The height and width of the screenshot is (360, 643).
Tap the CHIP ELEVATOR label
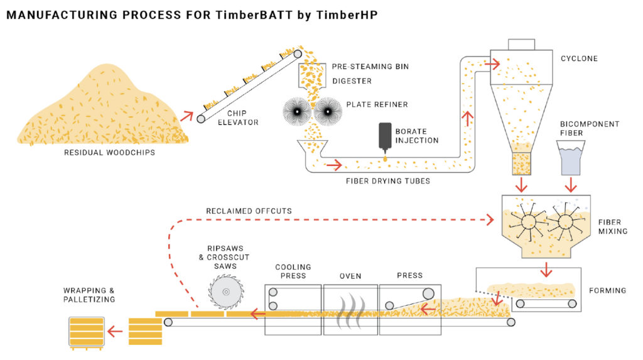(238, 118)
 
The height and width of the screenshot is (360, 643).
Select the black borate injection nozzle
(384, 139)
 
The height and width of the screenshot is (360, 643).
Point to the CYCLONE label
(579, 59)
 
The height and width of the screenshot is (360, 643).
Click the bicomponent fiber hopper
(571, 157)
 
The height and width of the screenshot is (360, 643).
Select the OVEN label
(350, 276)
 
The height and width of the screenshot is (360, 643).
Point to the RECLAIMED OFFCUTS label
(249, 211)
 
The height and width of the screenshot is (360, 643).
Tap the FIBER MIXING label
(609, 226)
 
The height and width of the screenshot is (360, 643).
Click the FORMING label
(607, 290)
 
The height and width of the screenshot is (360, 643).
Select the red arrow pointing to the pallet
(116, 330)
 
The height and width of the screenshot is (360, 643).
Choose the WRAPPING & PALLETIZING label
(89, 295)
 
